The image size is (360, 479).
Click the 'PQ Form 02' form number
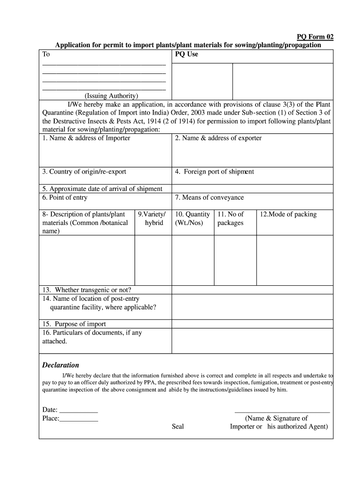pos(316,37)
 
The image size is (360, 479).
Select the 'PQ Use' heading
pos(187,54)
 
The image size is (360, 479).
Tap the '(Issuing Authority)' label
pos(111,96)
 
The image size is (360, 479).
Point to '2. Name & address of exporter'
pos(218,138)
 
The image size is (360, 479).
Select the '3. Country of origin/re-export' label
pos(84,172)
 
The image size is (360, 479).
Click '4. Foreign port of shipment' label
pos(215,172)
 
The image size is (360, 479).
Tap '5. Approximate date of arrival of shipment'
pos(102,189)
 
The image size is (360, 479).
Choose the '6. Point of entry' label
pos(65,197)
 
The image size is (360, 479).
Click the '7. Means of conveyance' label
pos(209,197)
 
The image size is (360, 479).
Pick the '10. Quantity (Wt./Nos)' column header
pos(193,218)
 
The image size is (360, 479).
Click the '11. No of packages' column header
pos(230,218)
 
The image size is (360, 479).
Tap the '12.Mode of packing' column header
pos(288,214)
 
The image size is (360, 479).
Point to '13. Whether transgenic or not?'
pos(87,290)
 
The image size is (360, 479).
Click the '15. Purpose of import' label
pos(74,324)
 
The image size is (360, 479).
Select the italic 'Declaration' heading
pos(61,365)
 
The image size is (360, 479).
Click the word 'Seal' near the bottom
pos(178,427)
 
